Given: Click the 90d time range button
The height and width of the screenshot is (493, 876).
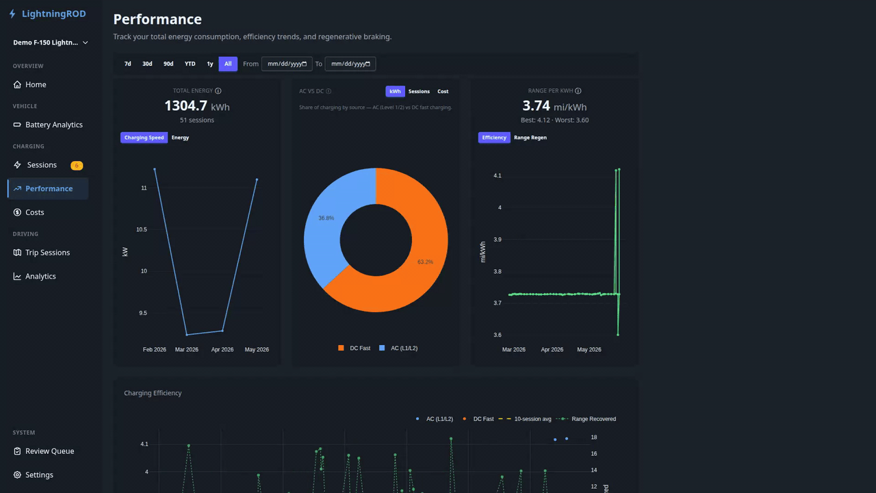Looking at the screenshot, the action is [168, 64].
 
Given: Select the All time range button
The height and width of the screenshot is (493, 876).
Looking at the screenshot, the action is [228, 64].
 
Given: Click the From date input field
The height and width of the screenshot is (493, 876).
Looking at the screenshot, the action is [287, 64].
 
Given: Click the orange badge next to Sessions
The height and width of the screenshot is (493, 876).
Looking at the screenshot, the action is [77, 166].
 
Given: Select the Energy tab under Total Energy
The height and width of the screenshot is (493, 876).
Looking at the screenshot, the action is [180, 138].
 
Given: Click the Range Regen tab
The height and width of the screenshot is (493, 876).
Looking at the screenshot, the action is [530, 138].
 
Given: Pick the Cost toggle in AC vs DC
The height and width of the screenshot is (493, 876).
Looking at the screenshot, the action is [443, 92].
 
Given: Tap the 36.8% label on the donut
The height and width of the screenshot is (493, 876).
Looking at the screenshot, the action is [326, 218].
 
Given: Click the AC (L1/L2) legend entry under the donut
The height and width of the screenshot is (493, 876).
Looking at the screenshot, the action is [398, 349].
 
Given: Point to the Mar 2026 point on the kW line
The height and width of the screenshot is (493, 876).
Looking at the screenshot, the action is [187, 335].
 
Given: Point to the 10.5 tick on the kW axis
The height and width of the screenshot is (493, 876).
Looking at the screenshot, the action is [142, 229].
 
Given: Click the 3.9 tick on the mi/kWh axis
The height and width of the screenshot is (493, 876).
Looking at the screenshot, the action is [498, 240].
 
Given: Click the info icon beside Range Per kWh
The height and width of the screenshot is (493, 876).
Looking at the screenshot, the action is [578, 91].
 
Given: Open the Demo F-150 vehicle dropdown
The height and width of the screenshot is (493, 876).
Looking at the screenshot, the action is [50, 42].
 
